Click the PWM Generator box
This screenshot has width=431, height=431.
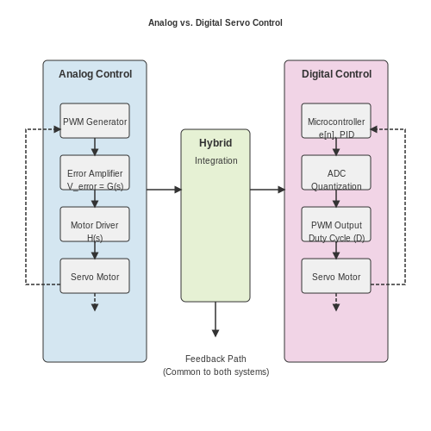tap(95, 121)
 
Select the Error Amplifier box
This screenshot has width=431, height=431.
tap(95, 172)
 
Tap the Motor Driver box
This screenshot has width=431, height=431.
tap(95, 224)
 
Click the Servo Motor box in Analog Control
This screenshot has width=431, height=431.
tap(95, 276)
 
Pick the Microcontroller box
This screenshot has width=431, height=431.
tap(336, 121)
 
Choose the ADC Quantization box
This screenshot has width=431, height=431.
tap(336, 172)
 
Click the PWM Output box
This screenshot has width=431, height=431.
tap(336, 224)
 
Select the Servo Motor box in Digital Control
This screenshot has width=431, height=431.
tap(336, 276)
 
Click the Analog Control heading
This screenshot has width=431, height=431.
tap(96, 74)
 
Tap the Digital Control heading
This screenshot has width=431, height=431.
tap(336, 74)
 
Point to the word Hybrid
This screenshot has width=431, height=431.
tap(215, 143)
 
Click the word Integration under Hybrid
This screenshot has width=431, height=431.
tap(216, 160)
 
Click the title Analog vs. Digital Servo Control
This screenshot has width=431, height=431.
tap(215, 22)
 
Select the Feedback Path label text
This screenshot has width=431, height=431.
tap(215, 359)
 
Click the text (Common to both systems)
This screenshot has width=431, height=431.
tap(215, 372)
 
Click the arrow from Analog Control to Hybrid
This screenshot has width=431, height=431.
tap(164, 190)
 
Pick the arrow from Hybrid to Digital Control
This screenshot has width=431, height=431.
tap(267, 190)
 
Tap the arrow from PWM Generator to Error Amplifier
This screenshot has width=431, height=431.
tap(95, 147)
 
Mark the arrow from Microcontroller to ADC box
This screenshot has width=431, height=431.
tap(336, 147)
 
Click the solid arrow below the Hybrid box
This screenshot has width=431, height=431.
tap(215, 319)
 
